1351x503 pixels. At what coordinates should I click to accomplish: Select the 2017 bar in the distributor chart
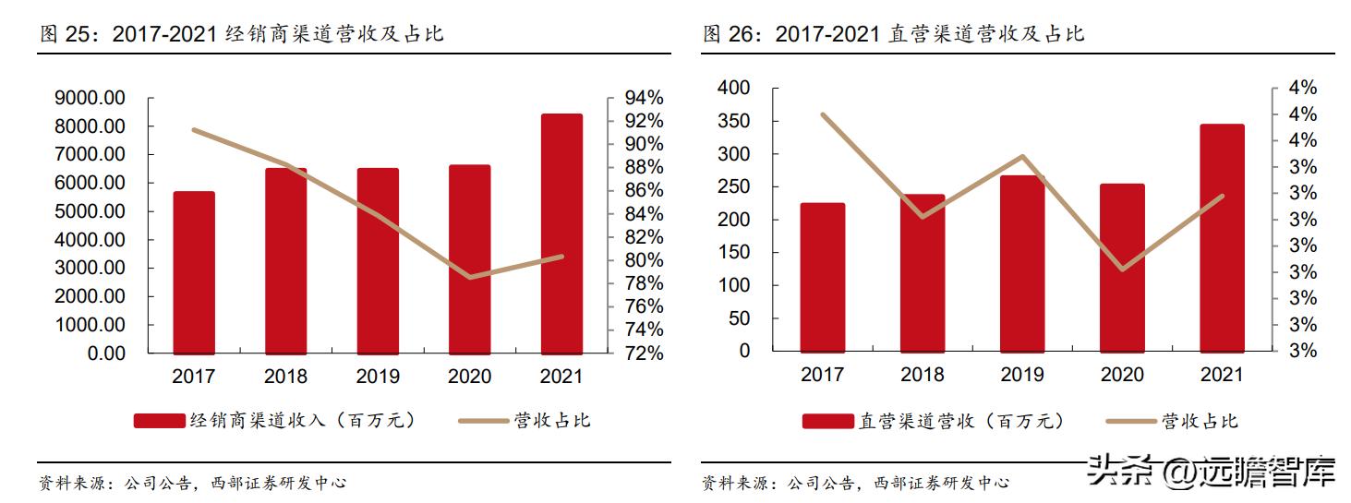point(194,272)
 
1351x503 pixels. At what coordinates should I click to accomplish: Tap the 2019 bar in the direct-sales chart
point(1022,263)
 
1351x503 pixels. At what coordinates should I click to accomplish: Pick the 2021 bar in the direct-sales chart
point(1222,237)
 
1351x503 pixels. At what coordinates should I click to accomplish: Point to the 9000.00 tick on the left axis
point(90,98)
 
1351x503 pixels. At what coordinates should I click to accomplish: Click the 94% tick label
point(644,98)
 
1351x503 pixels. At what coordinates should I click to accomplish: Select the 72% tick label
point(644,353)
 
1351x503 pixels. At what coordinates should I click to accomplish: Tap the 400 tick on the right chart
point(735,88)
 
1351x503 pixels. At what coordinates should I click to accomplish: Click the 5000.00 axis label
point(90,211)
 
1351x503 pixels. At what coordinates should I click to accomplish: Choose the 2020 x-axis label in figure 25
point(469,377)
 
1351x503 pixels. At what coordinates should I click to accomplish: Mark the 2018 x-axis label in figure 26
point(922,375)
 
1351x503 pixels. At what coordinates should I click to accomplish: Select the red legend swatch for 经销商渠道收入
point(160,421)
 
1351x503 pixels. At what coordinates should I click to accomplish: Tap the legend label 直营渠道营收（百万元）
point(961,421)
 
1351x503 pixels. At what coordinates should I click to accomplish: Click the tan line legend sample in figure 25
point(484,421)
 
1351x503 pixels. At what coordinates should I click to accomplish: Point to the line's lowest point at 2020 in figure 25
point(470,277)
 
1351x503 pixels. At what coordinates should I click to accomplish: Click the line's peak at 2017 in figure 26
point(823,114)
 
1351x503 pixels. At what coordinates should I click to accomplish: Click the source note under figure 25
point(192,483)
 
